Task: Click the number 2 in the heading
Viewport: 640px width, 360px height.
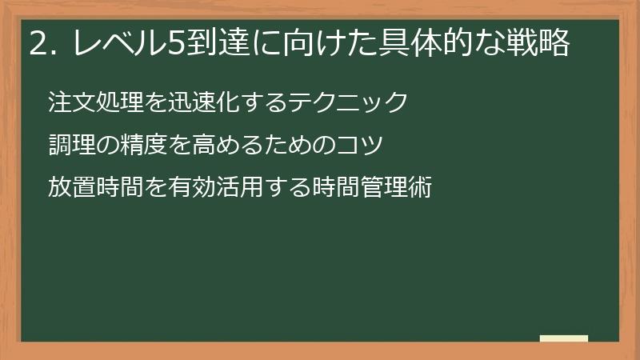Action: [37, 44]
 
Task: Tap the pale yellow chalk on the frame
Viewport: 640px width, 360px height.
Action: [563, 338]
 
